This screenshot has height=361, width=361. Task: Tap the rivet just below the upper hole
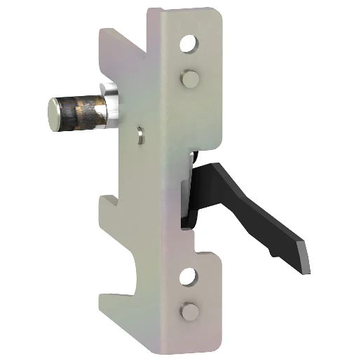[188, 78]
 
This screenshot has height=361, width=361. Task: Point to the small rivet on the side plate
[142, 132]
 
